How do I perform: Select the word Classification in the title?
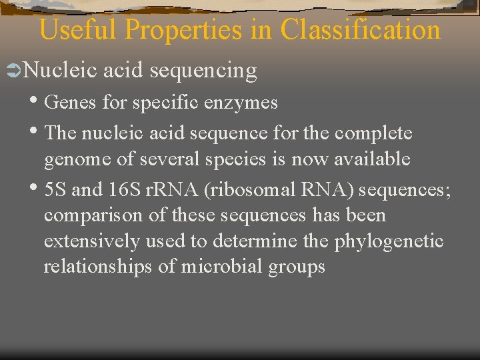[x=361, y=30]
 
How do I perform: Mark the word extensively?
[x=89, y=241]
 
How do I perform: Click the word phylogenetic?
[x=388, y=241]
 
